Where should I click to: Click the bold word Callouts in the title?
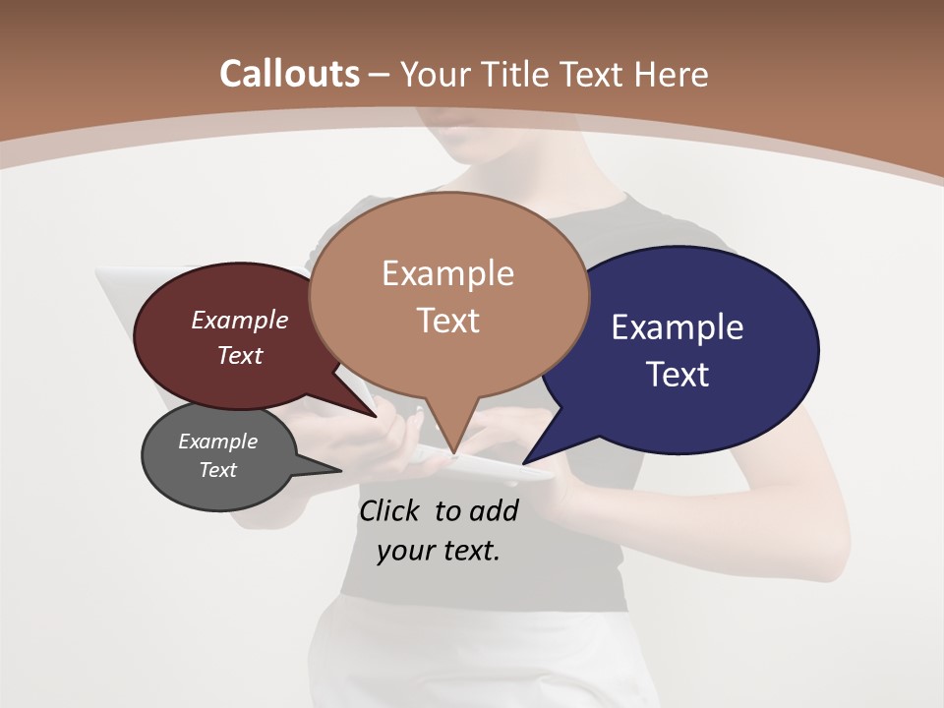coord(290,74)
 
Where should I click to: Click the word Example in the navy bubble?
coord(678,327)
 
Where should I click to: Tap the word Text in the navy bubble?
coord(678,375)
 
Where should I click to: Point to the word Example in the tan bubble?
coord(447,273)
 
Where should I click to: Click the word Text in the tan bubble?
coord(447,321)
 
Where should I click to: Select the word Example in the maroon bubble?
coord(239,321)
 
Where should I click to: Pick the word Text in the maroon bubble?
coord(239,355)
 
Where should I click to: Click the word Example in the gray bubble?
coord(217,442)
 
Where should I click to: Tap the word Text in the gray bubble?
coord(217,470)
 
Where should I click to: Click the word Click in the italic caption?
coord(391,510)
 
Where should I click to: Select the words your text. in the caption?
coord(439,551)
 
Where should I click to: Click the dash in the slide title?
coord(380,75)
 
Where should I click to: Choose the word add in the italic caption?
coord(495,510)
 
